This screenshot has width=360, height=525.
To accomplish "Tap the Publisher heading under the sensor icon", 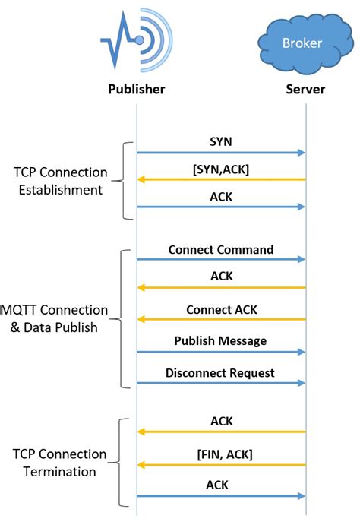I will [x=135, y=90].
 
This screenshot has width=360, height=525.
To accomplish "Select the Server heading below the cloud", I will [x=305, y=90].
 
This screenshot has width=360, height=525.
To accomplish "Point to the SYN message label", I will [x=221, y=141].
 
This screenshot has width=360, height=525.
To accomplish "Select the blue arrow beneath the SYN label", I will [x=221, y=153].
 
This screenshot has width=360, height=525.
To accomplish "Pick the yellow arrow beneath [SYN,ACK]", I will [x=221, y=180].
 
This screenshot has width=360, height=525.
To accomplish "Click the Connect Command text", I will [x=221, y=249].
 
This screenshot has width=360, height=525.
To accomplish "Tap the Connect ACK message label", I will [x=221, y=310].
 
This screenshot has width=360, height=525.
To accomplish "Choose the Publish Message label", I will [x=221, y=340].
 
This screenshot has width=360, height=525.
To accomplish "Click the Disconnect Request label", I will [x=221, y=373].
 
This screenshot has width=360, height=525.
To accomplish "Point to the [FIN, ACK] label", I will [x=221, y=454].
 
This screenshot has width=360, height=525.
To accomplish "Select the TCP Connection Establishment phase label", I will [x=60, y=182].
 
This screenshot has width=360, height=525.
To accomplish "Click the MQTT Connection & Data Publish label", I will [x=55, y=319].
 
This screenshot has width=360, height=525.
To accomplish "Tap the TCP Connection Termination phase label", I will [x=59, y=463].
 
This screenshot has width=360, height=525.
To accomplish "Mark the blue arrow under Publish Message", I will [x=221, y=353].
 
